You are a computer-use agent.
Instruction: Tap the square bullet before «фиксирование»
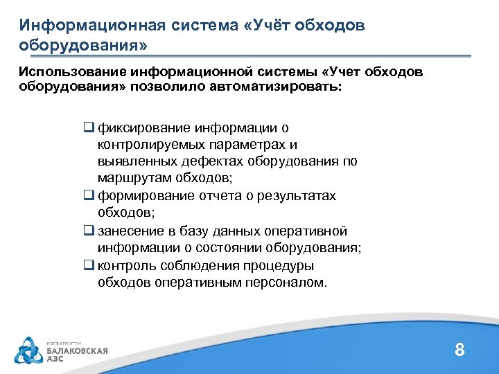pyautogui.click(x=89, y=127)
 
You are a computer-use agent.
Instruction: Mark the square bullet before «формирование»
pyautogui.click(x=89, y=196)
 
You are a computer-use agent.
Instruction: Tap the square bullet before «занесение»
pyautogui.click(x=89, y=231)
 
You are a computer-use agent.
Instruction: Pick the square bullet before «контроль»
pyautogui.click(x=89, y=265)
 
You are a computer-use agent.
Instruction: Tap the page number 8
pyautogui.click(x=459, y=350)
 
